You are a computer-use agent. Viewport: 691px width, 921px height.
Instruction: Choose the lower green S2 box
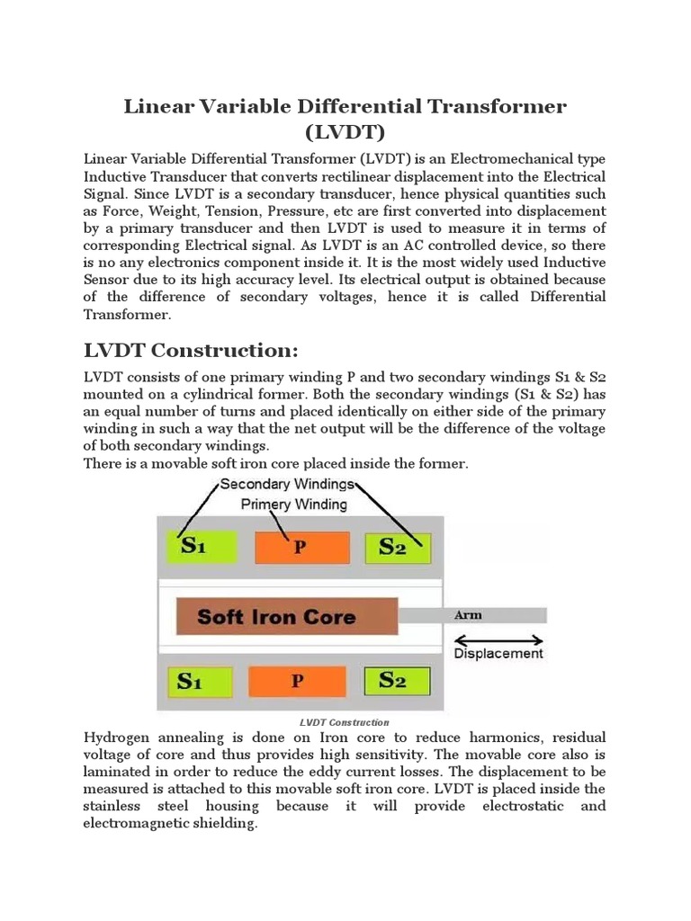point(397,681)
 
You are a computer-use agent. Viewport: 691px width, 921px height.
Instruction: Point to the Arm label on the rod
point(468,615)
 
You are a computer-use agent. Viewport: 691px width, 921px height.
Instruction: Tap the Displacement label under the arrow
point(498,654)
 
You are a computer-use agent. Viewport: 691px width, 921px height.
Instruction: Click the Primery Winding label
point(293,505)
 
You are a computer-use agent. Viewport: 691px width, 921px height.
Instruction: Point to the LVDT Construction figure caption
point(344,722)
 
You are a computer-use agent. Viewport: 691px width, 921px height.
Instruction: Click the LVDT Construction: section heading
point(190,350)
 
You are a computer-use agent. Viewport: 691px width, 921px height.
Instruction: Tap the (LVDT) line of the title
point(345,133)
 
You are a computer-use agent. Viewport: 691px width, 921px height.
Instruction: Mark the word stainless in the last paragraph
point(115,806)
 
